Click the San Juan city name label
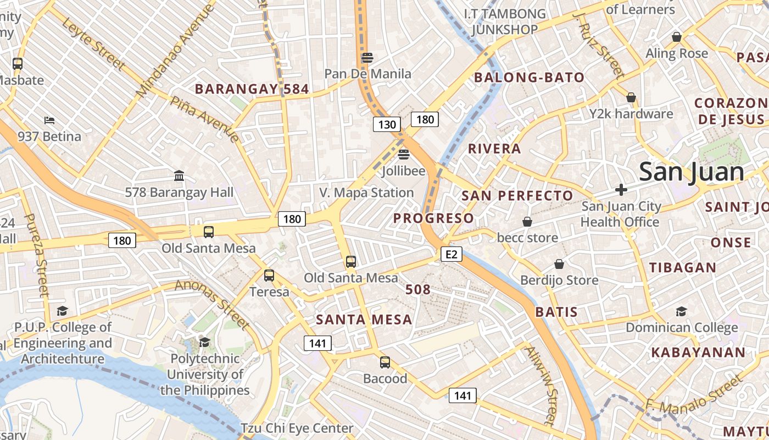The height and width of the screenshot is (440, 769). coord(692,172)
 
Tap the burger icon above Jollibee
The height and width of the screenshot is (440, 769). coord(404,154)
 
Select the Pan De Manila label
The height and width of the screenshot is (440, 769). coord(367,74)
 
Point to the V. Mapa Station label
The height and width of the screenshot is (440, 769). coord(366,193)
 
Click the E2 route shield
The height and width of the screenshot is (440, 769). coord(451,254)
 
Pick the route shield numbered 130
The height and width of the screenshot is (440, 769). coord(387,124)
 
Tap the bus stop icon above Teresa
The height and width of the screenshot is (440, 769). coord(269,275)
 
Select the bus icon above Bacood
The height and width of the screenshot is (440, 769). coord(385,362)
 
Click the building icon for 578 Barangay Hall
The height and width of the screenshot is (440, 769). coord(179,176)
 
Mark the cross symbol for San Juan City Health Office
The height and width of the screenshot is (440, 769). coord(621,190)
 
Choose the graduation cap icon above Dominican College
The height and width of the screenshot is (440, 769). coord(681,311)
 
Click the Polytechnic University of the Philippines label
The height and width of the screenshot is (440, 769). coord(205,375)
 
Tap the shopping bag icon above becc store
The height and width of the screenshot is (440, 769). coord(527,222)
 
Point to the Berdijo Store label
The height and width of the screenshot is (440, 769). coord(559,280)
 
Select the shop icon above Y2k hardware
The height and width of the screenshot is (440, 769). coord(631,97)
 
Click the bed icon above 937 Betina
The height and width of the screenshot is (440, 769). coord(49,120)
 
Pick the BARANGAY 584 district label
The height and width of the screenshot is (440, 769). coord(252,89)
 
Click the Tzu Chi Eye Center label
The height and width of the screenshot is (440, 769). coord(297,428)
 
